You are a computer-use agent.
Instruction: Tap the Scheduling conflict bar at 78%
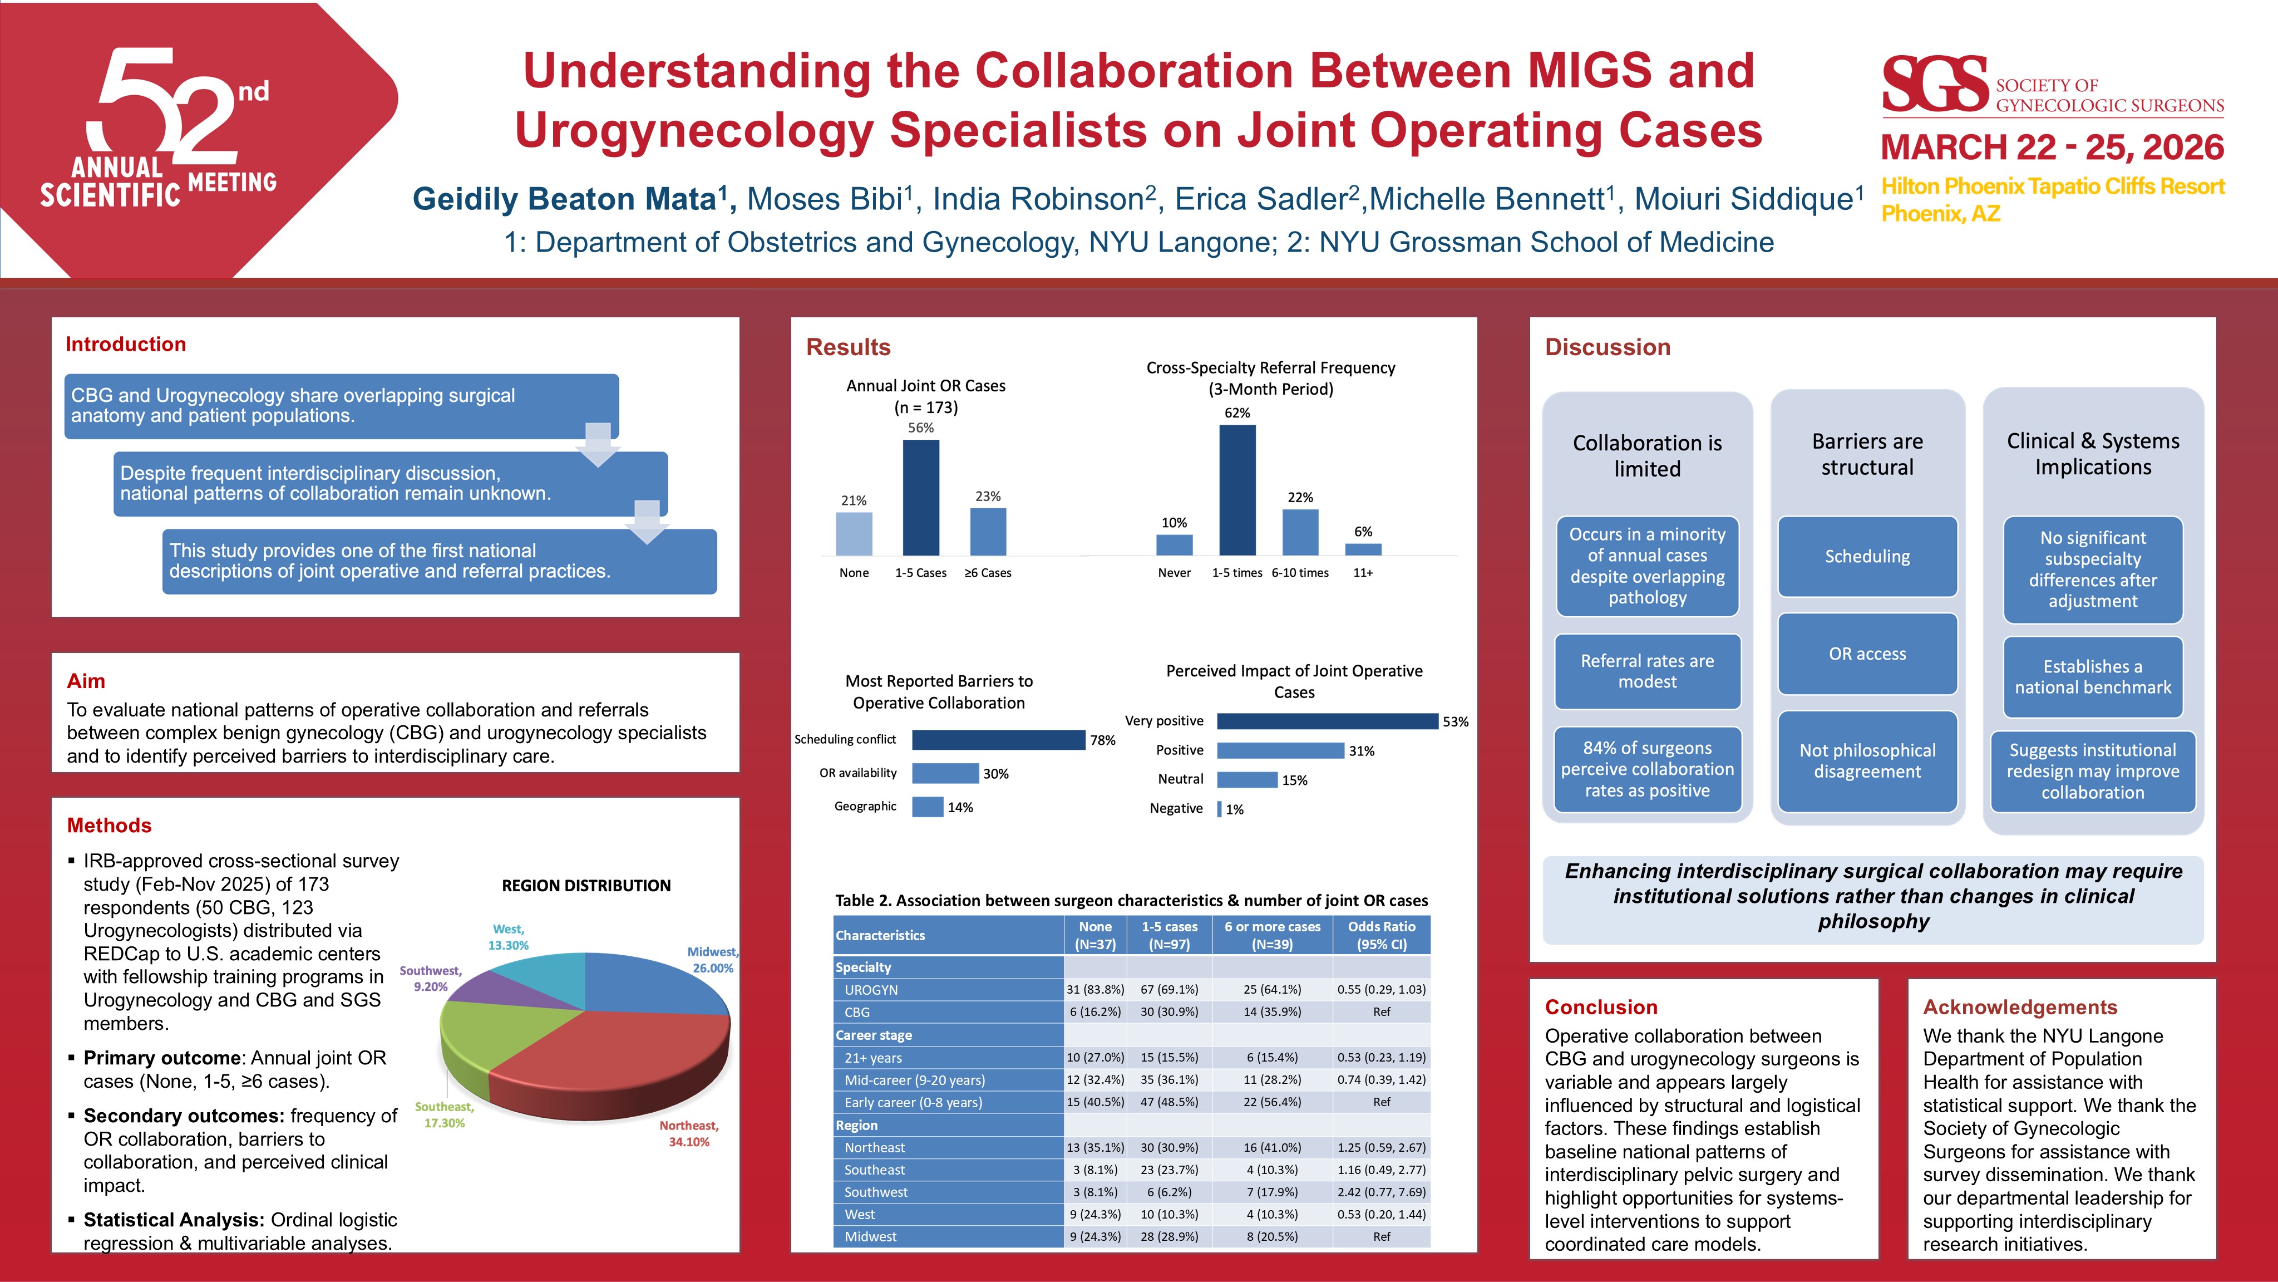tap(998, 740)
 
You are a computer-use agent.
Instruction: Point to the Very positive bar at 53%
tap(1327, 721)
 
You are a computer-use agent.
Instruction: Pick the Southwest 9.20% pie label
tap(431, 979)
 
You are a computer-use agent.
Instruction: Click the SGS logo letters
tap(1934, 84)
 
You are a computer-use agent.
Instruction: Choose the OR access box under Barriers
tap(1867, 654)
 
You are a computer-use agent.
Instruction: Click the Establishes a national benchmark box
tap(2092, 677)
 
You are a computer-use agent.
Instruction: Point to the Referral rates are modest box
tap(1646, 671)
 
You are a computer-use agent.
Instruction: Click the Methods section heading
tap(109, 826)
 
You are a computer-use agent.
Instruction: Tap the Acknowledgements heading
tap(2020, 1007)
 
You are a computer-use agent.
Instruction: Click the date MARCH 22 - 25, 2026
tap(2052, 147)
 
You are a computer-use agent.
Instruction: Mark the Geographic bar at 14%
tap(927, 807)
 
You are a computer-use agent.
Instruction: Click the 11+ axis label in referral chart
tap(1363, 572)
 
